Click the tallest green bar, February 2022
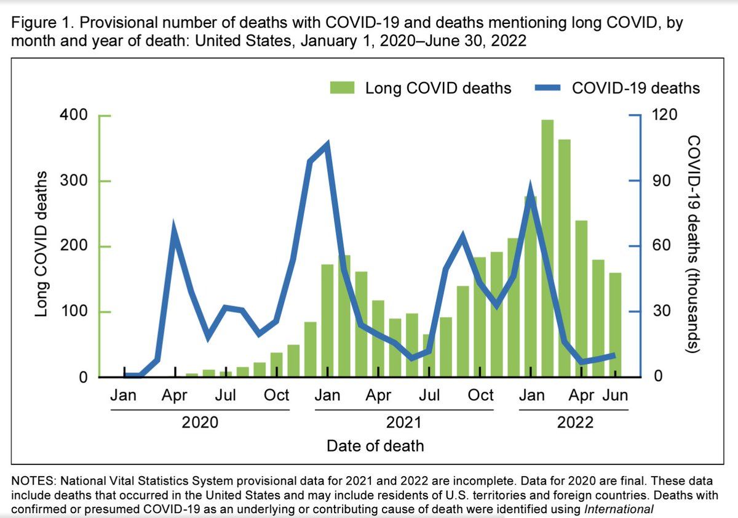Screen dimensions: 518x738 (547, 246)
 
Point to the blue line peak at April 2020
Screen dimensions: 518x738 (175, 230)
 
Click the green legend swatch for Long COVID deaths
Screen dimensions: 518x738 (342, 88)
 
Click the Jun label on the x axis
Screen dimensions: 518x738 (615, 395)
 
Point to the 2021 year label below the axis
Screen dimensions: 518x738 (403, 423)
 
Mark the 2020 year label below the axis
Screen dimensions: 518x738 (200, 423)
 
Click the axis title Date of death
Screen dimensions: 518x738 (375, 445)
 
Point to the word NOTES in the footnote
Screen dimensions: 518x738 (36, 478)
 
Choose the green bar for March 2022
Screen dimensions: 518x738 (565, 259)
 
